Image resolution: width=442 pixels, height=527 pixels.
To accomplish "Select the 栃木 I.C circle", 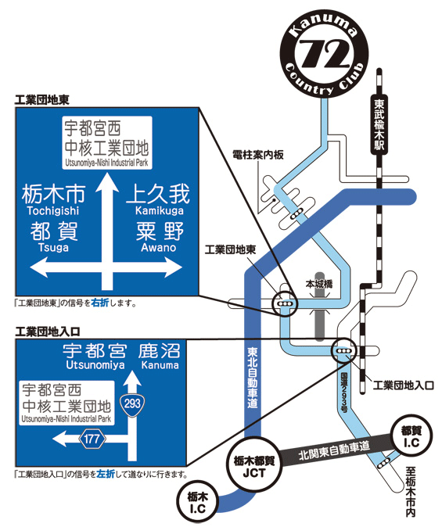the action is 197,502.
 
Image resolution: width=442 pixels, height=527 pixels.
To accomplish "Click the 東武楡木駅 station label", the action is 379,126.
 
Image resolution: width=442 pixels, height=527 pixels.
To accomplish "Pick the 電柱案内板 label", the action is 258,155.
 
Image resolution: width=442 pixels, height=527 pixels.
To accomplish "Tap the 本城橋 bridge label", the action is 319,285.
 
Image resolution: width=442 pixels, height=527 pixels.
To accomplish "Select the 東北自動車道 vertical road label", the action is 252,378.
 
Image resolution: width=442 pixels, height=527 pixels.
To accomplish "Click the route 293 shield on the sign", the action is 132,404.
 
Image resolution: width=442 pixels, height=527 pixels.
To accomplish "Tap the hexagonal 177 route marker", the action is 92,439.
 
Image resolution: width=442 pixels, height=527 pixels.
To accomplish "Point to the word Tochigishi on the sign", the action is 53,211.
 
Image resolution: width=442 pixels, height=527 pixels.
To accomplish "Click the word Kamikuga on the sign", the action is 159,211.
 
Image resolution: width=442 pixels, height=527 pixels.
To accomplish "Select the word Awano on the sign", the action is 159,248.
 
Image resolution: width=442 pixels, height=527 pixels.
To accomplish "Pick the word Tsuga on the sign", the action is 53,248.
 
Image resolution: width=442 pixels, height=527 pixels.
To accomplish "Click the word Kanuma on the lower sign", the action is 160,365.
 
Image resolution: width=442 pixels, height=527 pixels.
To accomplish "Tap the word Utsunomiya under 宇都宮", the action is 95,365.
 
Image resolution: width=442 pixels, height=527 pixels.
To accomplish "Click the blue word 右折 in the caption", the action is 100,303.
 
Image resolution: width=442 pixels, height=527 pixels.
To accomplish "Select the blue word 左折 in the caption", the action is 106,475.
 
